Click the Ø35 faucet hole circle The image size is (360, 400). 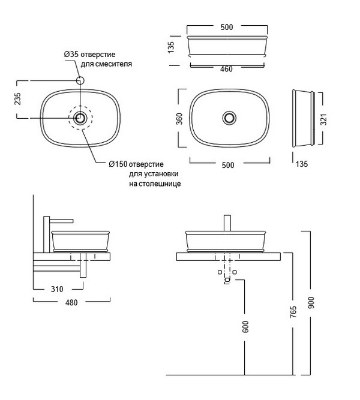point(80,80)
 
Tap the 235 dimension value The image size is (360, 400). point(18,99)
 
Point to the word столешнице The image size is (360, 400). point(154,184)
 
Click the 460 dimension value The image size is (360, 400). point(226,69)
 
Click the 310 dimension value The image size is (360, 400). point(57,289)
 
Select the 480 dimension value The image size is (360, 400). point(71,302)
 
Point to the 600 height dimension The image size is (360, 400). point(245,326)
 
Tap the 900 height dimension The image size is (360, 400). point(311,304)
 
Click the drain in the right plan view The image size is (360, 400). point(228,118)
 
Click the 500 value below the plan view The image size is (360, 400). point(227,166)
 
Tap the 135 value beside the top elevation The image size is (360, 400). point(171,46)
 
